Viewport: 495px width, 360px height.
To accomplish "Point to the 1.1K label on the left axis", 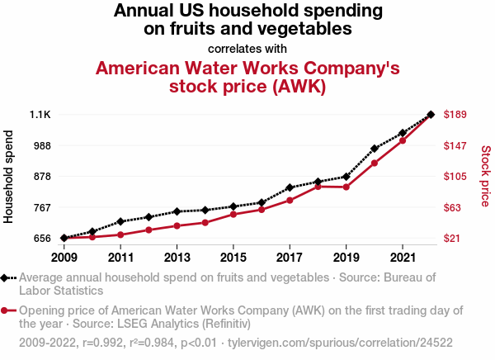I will [40, 114].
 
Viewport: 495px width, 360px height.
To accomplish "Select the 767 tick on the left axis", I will [41, 207].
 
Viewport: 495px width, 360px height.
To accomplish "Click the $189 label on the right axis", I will [456, 114].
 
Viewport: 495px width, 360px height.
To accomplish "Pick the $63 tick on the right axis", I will [453, 207].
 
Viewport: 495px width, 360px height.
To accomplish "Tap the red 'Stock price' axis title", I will [486, 176].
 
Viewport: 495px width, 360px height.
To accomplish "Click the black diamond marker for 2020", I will [374, 149].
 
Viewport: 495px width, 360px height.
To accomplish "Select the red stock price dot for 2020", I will [374, 163].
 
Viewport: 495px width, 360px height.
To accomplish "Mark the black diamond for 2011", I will [120, 221].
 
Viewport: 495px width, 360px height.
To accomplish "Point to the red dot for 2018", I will [318, 187].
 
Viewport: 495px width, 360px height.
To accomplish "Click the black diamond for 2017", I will [290, 187].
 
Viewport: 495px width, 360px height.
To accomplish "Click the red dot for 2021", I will [402, 140].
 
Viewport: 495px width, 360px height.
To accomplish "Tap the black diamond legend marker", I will [7, 278].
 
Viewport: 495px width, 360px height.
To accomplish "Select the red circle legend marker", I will [7, 311].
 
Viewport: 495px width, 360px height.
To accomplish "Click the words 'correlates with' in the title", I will [247, 48].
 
